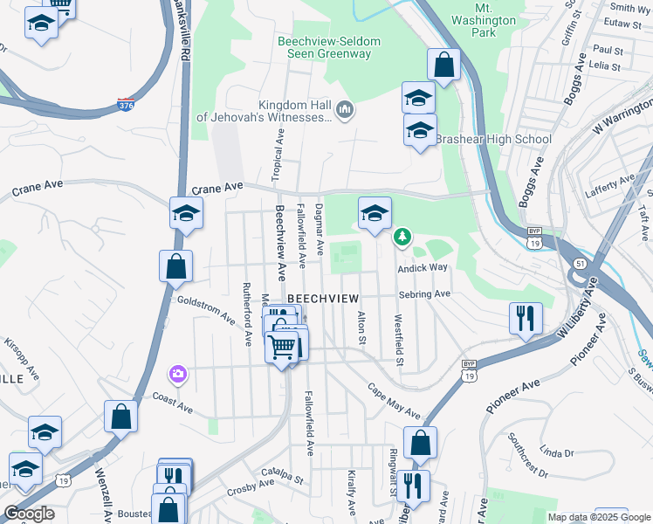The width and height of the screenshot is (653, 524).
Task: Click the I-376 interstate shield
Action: tap(126, 106)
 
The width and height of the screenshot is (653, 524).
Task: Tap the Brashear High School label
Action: tap(493, 139)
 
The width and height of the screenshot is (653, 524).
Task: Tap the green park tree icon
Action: tap(402, 235)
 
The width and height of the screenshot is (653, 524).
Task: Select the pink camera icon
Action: tap(178, 374)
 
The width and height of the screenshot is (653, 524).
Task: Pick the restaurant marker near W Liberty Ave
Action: tap(525, 318)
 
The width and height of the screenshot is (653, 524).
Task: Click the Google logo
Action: tap(28, 514)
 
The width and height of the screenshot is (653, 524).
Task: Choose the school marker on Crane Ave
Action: tap(186, 213)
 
